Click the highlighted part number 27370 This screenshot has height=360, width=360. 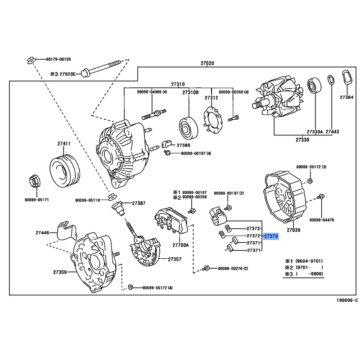pos(271,236)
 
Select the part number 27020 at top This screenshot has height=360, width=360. pos(207,63)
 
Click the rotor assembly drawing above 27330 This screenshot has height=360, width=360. pos(275,100)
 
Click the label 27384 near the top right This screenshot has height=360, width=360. pos(346,97)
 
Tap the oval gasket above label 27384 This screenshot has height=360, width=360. pos(346,77)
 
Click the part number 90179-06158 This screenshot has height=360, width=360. pos(58,59)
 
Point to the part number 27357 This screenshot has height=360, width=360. pos(175,259)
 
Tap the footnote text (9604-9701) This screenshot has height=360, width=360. pos(308,261)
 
